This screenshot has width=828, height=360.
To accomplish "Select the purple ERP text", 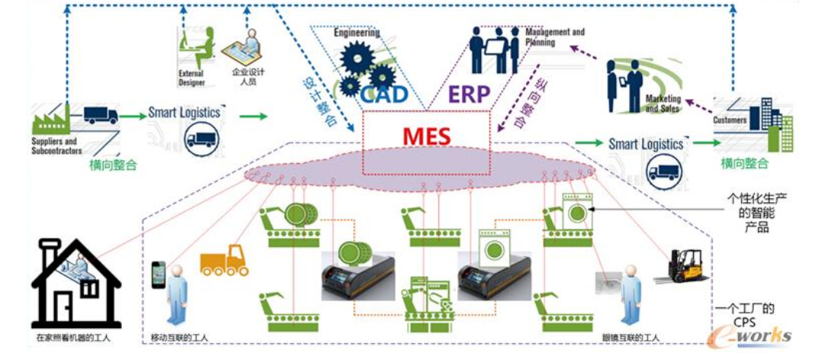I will tap(469, 95).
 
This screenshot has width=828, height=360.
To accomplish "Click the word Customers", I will tap(730, 120).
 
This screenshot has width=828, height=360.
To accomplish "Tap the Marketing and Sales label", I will tap(663, 104).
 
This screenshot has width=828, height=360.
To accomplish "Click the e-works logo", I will tap(750, 334).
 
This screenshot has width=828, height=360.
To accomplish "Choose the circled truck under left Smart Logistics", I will tap(201, 140).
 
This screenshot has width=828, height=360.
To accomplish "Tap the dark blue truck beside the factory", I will tap(101, 115).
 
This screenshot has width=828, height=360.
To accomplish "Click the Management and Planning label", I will tap(555, 37).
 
